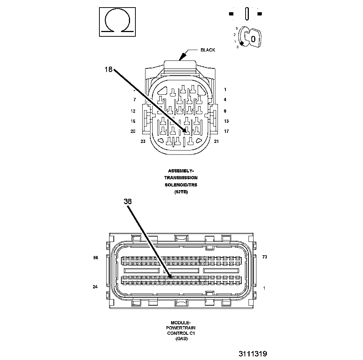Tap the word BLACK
[x=208, y=50]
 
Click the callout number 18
[x=109, y=69]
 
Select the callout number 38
[x=128, y=202]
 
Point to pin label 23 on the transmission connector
[x=143, y=141]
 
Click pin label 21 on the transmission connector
[x=216, y=141]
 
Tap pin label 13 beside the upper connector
[x=226, y=121]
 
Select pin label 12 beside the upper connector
[x=133, y=111]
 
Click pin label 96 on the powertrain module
[x=95, y=257]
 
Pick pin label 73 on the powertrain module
[x=264, y=257]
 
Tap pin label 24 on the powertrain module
[x=95, y=287]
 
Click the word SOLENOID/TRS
[x=181, y=185]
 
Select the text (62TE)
[x=181, y=192]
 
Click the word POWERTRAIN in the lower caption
[x=181, y=328]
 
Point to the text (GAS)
[x=181, y=339]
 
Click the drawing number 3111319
[x=252, y=354]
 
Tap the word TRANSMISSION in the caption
[x=181, y=178]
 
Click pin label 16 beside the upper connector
[x=133, y=121]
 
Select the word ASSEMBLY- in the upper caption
[x=181, y=171]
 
